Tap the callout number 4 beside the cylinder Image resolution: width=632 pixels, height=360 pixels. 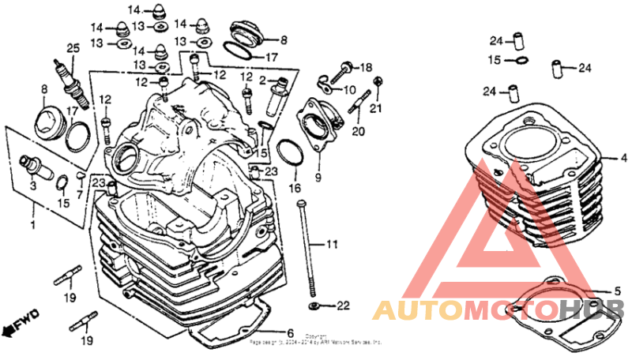[x=623, y=159]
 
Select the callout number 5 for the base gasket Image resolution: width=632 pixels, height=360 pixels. [x=619, y=291]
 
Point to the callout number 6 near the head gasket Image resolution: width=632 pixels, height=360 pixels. [x=290, y=332]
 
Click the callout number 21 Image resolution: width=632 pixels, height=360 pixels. [x=376, y=107]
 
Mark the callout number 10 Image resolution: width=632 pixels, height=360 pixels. [x=350, y=89]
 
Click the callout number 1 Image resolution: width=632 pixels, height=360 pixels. [x=33, y=225]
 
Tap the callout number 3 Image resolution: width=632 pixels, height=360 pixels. [x=33, y=186]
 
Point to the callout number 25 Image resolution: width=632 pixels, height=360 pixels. [x=73, y=48]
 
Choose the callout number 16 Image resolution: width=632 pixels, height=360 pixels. [x=295, y=189]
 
